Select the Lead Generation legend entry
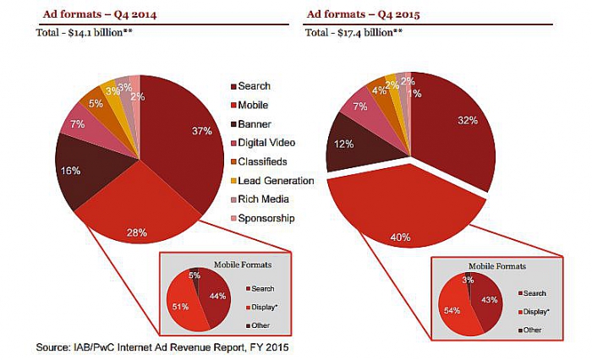277,180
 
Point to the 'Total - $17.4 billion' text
353,33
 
